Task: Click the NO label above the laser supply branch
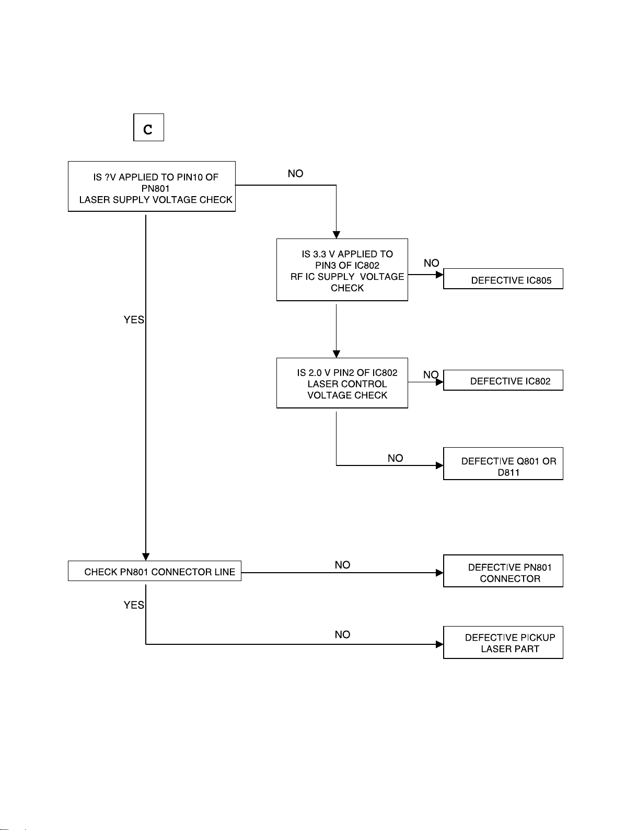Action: point(295,174)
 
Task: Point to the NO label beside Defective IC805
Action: point(431,263)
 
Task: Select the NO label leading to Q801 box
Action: point(395,458)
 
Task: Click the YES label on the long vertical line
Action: point(134,320)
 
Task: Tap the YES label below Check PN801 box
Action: point(134,605)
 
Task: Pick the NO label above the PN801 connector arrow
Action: point(342,564)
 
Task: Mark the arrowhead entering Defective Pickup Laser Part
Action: point(439,644)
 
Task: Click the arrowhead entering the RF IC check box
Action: point(336,235)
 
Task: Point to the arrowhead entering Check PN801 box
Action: point(146,557)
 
